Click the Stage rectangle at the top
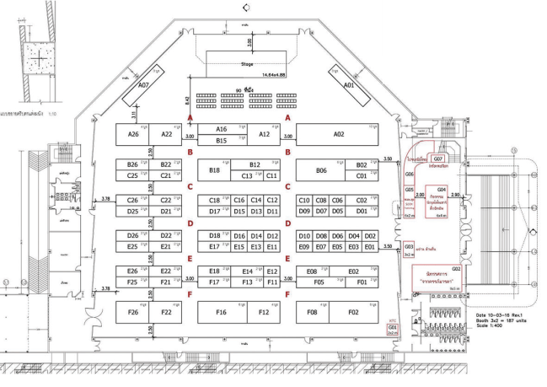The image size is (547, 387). pyautogui.click(x=247, y=62)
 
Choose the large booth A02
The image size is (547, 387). pyautogui.click(x=339, y=133)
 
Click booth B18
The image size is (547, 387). pyautogui.click(x=214, y=170)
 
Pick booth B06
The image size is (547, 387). pyautogui.click(x=320, y=170)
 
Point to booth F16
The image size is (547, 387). pyautogui.click(x=222, y=312)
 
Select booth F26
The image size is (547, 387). pyautogui.click(x=132, y=312)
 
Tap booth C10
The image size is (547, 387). pyautogui.click(x=304, y=200)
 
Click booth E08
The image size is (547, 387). pyautogui.click(x=312, y=271)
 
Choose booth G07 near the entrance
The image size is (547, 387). pyautogui.click(x=438, y=159)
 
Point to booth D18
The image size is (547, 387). pyautogui.click(x=214, y=235)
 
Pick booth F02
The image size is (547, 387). pyautogui.click(x=352, y=312)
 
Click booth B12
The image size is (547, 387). pyautogui.click(x=256, y=165)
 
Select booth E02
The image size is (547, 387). pyautogui.click(x=352, y=271)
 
